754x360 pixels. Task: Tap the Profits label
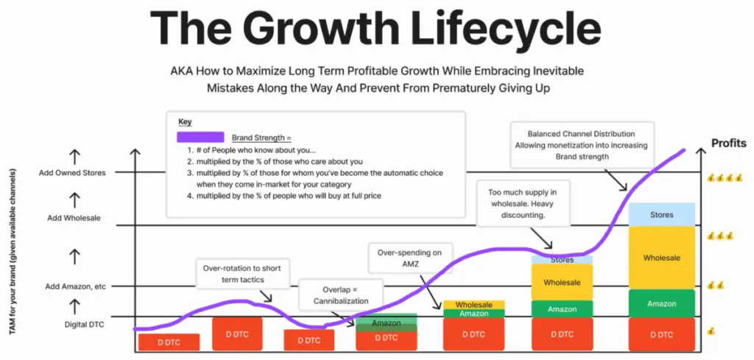pyautogui.click(x=728, y=143)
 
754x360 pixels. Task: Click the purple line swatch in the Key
pyautogui.click(x=200, y=137)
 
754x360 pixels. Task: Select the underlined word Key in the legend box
pyautogui.click(x=185, y=121)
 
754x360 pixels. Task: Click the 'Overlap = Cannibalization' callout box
pyautogui.click(x=341, y=295)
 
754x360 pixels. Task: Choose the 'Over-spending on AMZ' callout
pyautogui.click(x=410, y=257)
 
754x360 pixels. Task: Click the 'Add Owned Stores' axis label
pyautogui.click(x=72, y=173)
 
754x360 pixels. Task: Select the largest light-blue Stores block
pyautogui.click(x=661, y=215)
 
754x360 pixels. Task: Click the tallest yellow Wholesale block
pyautogui.click(x=661, y=258)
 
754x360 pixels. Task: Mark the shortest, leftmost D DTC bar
pyautogui.click(x=169, y=342)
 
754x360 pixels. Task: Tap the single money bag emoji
pyautogui.click(x=711, y=332)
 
